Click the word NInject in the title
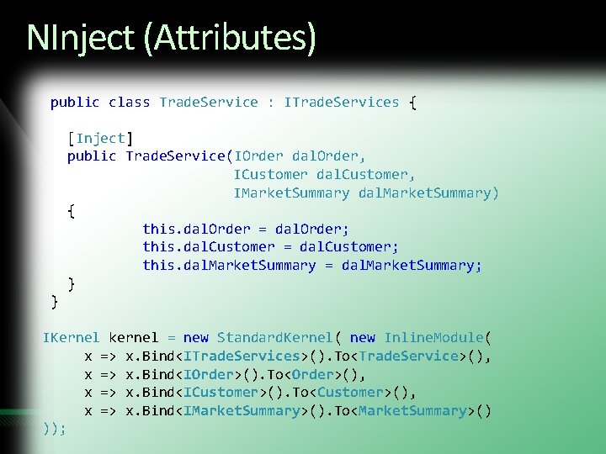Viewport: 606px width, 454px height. click(x=79, y=37)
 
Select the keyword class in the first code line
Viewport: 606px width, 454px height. click(x=130, y=102)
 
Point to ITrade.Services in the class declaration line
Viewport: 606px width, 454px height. click(x=342, y=102)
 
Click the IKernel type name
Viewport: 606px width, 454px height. click(x=71, y=337)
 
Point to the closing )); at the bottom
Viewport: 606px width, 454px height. click(x=55, y=428)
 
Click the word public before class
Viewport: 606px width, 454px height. click(x=75, y=102)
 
